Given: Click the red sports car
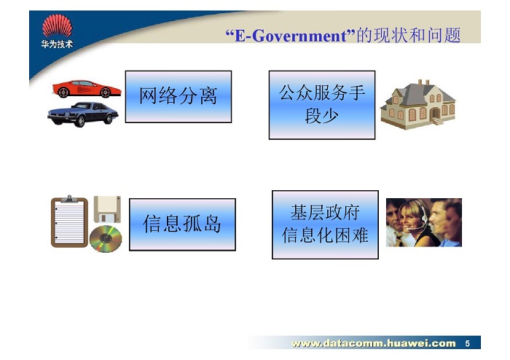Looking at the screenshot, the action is (x=87, y=89).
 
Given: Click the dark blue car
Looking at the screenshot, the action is (x=82, y=114).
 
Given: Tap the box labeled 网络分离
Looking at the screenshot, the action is (x=178, y=97).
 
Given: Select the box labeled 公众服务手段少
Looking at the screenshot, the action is (x=322, y=105).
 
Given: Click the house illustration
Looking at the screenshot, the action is (x=418, y=105).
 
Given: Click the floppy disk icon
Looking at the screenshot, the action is (x=107, y=209).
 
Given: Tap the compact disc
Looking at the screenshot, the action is (x=106, y=239).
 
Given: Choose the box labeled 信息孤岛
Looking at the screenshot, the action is (x=182, y=224).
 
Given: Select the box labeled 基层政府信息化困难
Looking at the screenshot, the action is (x=325, y=224).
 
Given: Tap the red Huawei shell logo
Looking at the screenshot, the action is (x=58, y=26).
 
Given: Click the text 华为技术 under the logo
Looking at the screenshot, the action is (x=58, y=44).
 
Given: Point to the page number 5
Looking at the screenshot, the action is (x=468, y=343).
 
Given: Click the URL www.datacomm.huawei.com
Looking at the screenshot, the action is (x=373, y=343).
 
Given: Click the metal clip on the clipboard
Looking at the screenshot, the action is (x=69, y=198).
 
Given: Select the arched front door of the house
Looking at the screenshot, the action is (x=435, y=114).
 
